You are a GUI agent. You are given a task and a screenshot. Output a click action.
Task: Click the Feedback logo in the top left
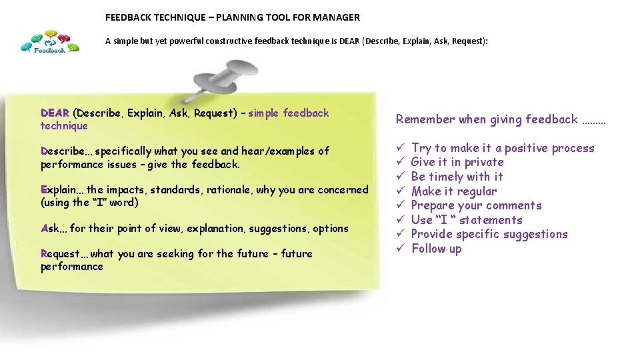tap(50, 43)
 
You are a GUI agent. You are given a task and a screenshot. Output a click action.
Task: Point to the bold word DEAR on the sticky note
tap(55, 113)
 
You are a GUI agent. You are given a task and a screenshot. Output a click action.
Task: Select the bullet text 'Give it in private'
tap(457, 162)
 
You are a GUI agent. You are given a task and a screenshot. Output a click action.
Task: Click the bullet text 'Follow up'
tap(436, 249)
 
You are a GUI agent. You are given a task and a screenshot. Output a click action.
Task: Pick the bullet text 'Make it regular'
tap(453, 191)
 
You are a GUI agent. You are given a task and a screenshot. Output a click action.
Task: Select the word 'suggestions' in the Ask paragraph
tap(277, 229)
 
